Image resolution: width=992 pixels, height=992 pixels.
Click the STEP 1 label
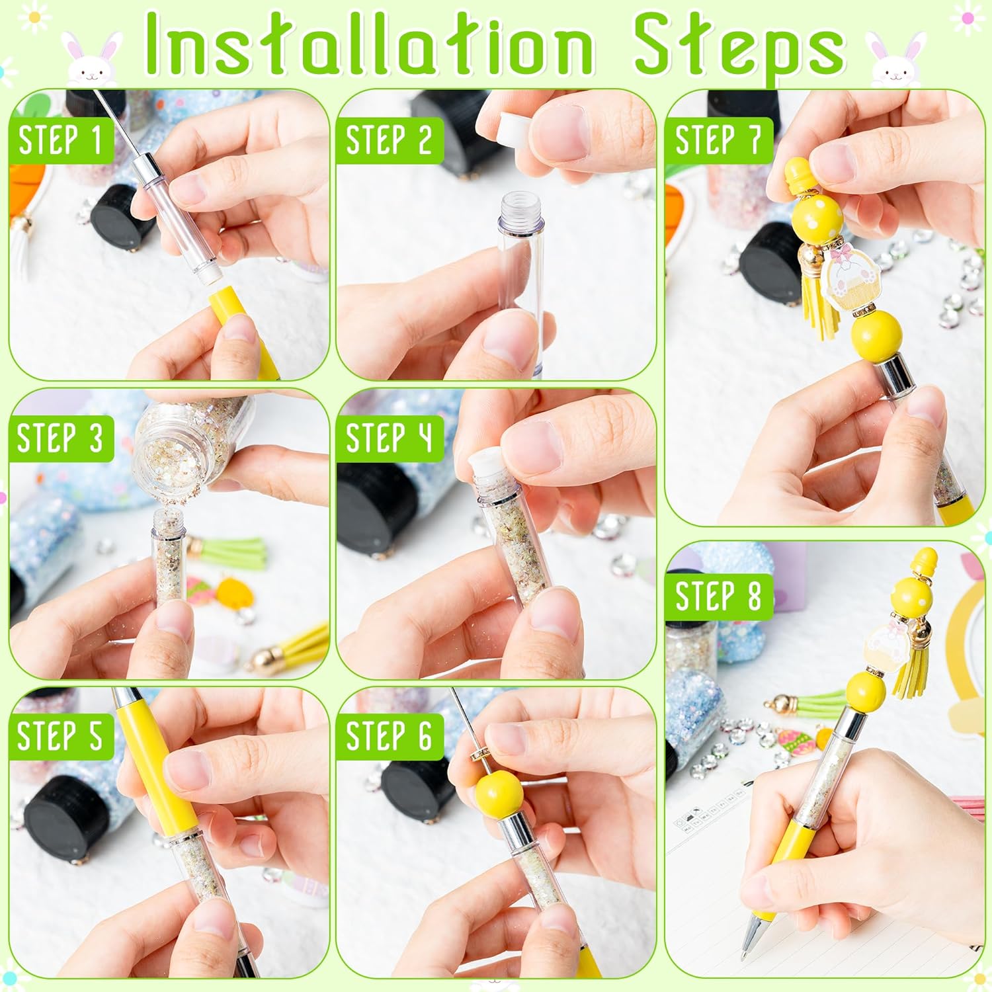point(60,140)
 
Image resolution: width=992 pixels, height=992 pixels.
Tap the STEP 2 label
point(389,140)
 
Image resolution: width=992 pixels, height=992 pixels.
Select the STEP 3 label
point(60,438)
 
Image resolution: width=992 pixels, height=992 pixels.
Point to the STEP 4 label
point(389,438)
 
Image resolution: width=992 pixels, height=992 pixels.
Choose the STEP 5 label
point(60,736)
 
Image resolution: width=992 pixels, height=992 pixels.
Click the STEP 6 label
point(389,736)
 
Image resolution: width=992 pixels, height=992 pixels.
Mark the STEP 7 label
point(718,140)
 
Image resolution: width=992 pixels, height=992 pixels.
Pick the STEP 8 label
point(718,597)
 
